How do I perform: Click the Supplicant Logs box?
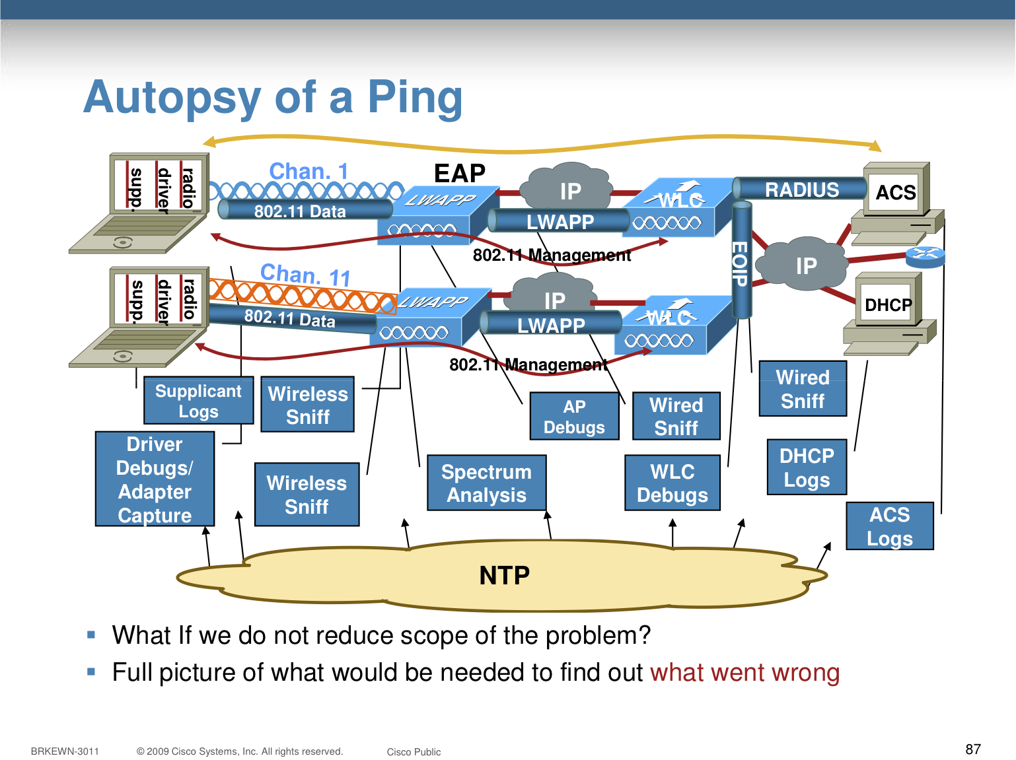[198, 401]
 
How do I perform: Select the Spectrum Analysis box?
[486, 483]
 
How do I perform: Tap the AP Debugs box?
[574, 416]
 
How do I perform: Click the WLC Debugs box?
[672, 483]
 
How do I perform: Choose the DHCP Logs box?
[806, 467]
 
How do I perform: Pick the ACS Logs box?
[889, 526]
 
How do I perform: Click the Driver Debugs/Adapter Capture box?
[155, 479]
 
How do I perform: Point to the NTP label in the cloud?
[504, 575]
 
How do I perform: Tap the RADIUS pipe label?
[801, 190]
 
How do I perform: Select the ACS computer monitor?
[895, 192]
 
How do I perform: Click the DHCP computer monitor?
[888, 304]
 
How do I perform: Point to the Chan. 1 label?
[308, 171]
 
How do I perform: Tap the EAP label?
[459, 174]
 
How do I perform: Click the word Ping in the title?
[414, 98]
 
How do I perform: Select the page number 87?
[972, 749]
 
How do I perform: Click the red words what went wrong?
[744, 672]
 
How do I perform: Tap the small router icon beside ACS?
[925, 255]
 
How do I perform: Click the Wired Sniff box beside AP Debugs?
[676, 416]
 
